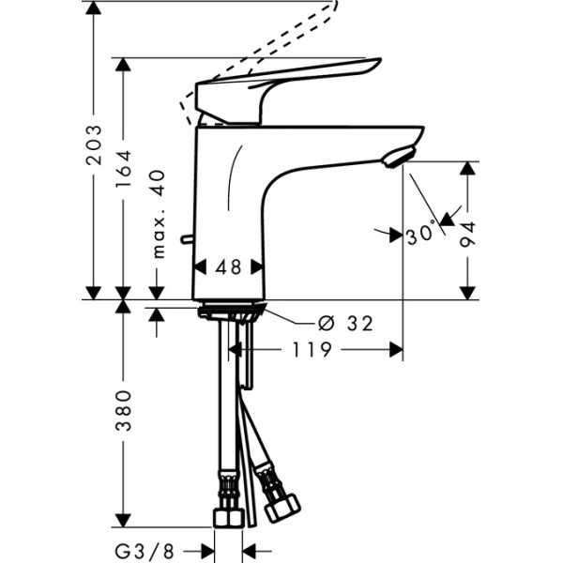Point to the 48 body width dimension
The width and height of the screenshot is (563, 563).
(x=228, y=267)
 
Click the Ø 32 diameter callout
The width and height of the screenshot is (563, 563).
(x=345, y=324)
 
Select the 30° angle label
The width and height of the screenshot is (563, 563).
(x=421, y=234)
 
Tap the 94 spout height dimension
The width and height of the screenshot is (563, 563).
(x=468, y=233)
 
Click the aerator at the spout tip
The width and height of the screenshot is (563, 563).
(x=399, y=159)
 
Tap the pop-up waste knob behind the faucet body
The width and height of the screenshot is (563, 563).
(x=189, y=242)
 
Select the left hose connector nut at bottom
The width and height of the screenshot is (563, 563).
(x=225, y=517)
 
